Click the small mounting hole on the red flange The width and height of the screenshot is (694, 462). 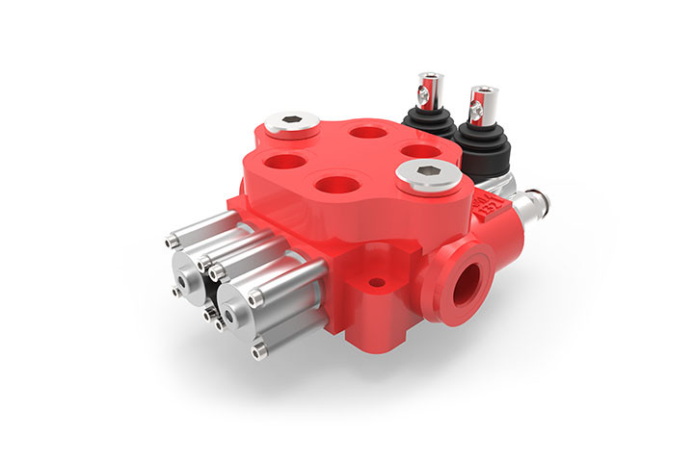click(x=377, y=282)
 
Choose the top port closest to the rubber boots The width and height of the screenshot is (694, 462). click(x=417, y=151)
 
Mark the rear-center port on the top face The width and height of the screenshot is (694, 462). click(x=365, y=131)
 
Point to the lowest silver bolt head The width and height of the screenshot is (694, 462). click(x=258, y=352)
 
